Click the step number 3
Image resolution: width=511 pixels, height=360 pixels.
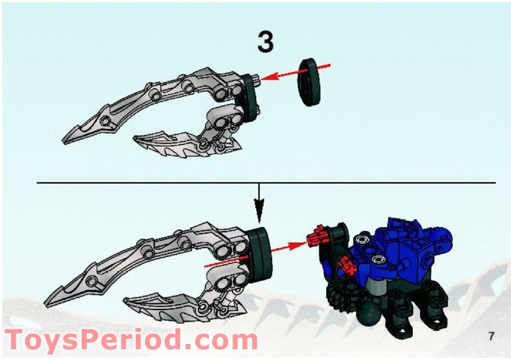point(265,41)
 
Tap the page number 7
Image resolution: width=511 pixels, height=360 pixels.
point(492,336)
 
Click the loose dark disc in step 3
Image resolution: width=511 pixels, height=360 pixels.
point(309,82)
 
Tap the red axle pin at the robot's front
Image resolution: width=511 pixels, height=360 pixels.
point(317,235)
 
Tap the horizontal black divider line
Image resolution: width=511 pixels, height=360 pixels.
point(266,183)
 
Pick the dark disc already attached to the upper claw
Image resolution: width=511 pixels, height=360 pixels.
point(248,96)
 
